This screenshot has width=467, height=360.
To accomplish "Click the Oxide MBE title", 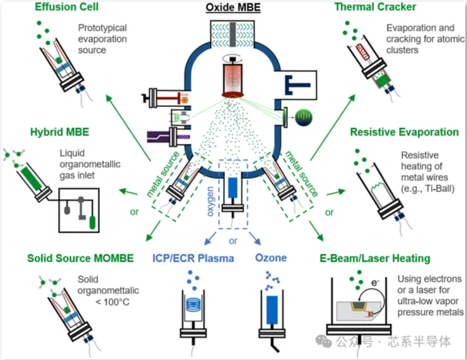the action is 233,7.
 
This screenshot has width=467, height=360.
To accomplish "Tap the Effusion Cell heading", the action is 67,7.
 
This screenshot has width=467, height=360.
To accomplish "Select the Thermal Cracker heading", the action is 376,7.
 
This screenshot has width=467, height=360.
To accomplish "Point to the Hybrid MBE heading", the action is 60,132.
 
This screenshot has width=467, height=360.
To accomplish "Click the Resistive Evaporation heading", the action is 405,132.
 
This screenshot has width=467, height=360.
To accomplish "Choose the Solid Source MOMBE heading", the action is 80,258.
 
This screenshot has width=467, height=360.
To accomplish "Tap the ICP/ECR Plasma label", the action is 193,258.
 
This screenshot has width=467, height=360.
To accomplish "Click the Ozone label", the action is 270,258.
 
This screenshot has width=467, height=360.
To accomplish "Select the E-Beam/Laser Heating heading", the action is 375,258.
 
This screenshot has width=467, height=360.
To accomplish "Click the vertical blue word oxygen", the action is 210,202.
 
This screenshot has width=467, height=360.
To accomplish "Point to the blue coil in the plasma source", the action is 194,305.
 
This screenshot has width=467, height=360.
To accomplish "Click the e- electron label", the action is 375,282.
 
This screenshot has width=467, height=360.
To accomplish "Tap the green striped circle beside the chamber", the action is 304,117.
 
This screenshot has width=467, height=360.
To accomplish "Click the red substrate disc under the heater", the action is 233,95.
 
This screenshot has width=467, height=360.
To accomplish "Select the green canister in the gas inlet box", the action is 92,222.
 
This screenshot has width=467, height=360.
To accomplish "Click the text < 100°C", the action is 113,302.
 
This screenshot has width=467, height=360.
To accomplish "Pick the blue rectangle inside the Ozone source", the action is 272,309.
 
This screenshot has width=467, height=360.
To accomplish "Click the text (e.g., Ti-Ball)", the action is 427,189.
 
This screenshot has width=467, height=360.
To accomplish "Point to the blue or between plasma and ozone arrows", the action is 233,241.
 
